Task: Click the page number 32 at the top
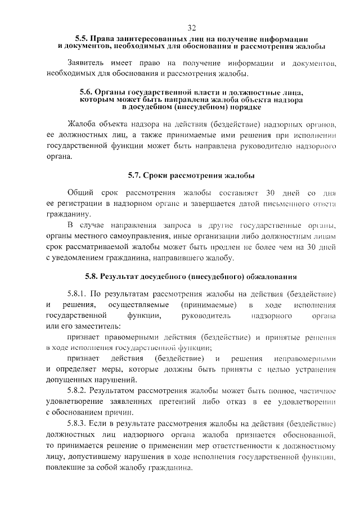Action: click(x=191, y=28)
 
